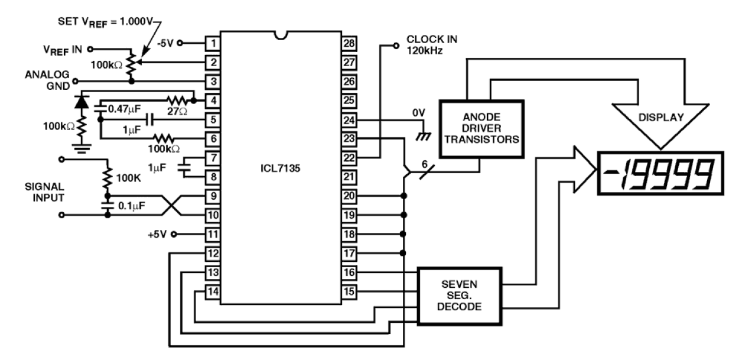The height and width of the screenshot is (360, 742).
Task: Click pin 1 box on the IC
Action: coord(213,43)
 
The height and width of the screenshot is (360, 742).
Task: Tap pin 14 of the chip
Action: coord(213,291)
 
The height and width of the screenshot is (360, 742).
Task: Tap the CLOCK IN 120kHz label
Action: coord(432,45)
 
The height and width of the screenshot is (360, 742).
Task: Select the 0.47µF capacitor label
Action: coord(125,108)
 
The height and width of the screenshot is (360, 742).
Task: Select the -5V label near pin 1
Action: coord(165,43)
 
